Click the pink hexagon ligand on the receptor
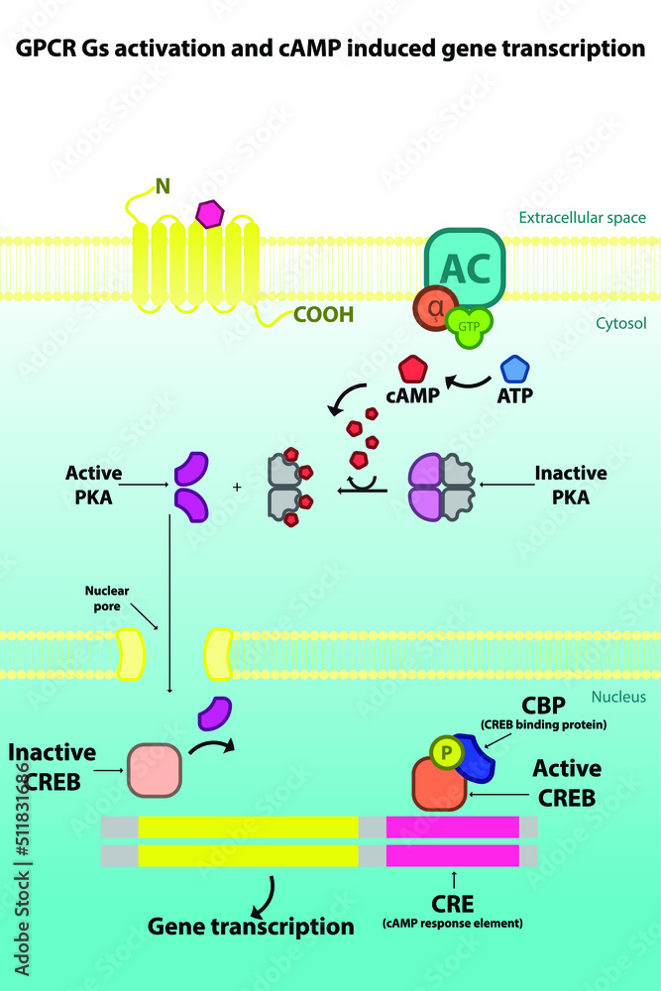209,213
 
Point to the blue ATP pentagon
514,370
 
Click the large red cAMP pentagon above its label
412,370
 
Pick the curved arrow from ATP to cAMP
468,380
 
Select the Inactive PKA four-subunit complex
442,487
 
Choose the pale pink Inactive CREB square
154,770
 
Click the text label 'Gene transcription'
251,927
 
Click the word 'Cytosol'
621,323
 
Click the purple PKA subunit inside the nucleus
216,715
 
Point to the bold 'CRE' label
452,903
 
